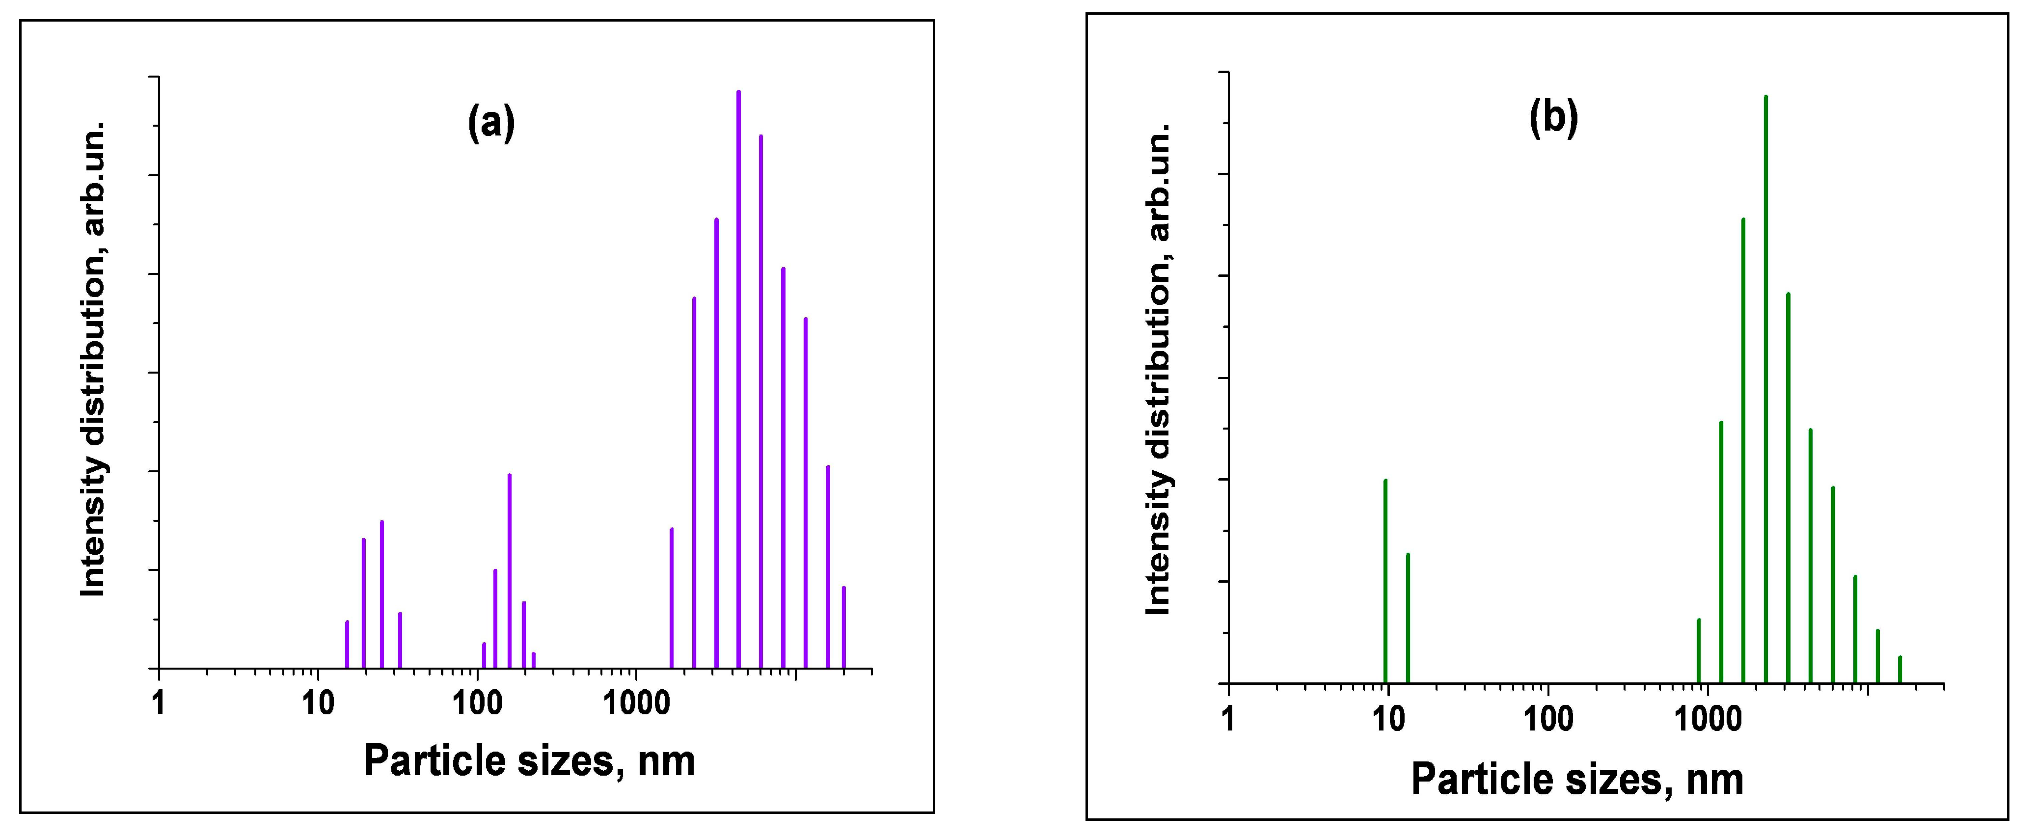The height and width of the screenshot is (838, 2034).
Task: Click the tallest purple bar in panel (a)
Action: point(738,379)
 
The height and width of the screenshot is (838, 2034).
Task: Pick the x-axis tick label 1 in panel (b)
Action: point(1228,719)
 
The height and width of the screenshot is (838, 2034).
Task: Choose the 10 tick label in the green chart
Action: point(1387,719)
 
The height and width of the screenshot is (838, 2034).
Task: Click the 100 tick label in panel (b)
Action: point(1547,719)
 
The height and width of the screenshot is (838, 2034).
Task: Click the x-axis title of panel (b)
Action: point(1577,780)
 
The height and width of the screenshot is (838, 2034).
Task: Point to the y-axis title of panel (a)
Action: point(93,359)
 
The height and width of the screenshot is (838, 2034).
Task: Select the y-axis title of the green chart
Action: point(1158,370)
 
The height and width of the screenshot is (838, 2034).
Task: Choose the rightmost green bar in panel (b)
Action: point(1900,670)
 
